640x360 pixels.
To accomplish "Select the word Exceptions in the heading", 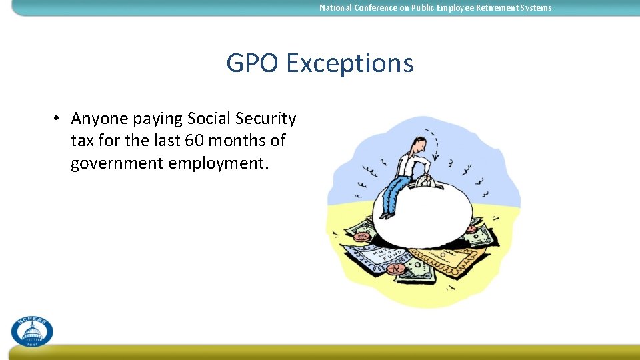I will [349, 64].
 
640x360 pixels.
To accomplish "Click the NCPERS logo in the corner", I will [31, 331].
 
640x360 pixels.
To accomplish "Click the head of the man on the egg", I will [418, 142].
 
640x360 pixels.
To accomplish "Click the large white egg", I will [427, 213].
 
